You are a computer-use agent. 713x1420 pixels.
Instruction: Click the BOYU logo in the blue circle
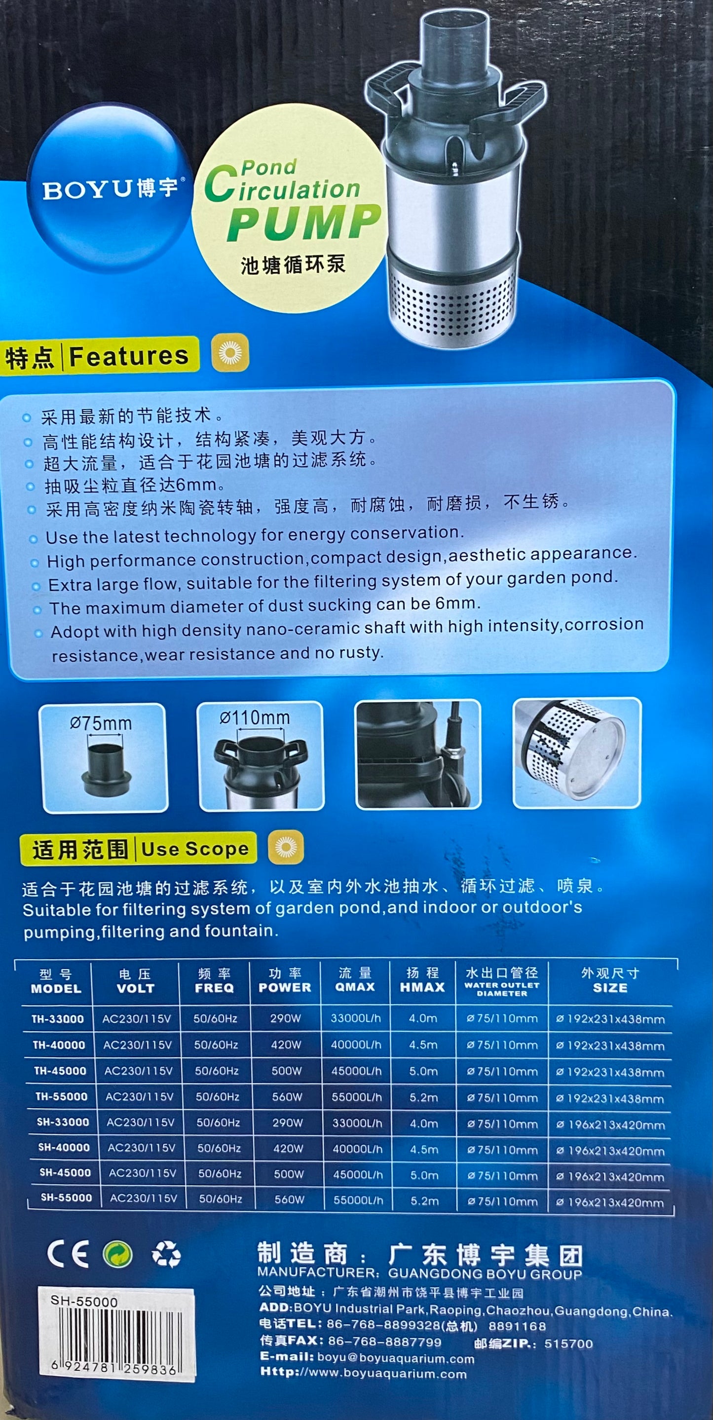111,189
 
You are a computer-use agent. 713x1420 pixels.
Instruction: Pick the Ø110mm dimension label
255,718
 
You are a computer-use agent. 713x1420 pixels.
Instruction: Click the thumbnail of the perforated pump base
577,752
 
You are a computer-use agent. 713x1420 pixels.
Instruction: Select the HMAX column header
422,987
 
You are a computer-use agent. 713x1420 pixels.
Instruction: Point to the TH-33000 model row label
57,1019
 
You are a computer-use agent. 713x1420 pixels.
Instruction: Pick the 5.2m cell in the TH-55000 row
423,1097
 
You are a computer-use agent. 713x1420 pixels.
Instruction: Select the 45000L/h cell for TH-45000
356,1071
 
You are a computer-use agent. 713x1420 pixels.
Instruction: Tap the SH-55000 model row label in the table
66,1197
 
